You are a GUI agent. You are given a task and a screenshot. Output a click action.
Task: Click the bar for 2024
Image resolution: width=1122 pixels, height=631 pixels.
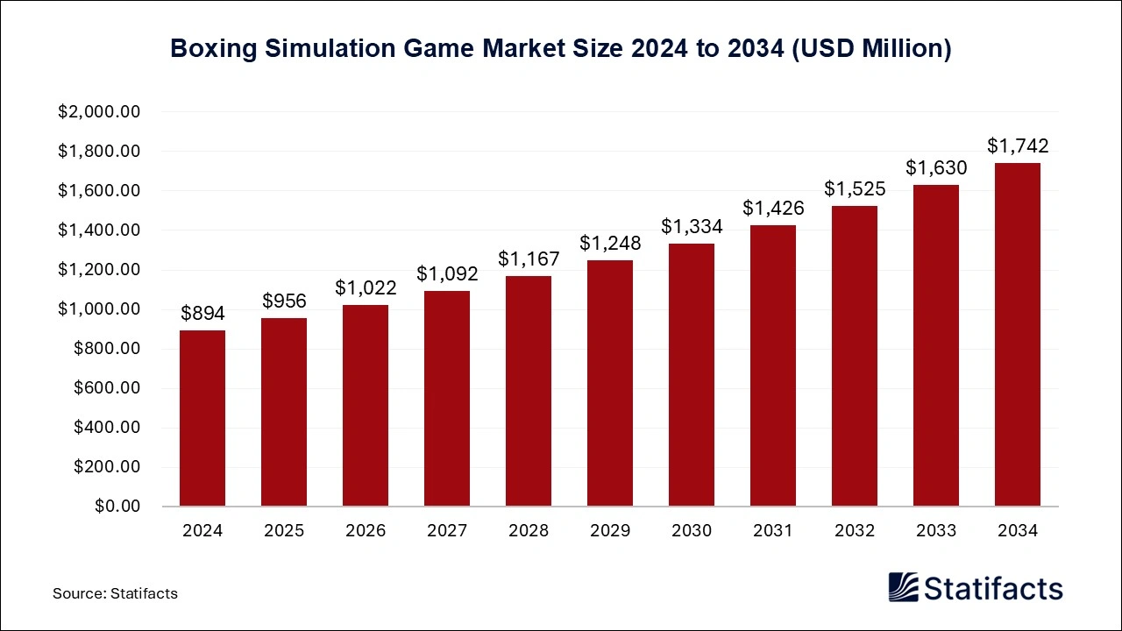click(x=202, y=418)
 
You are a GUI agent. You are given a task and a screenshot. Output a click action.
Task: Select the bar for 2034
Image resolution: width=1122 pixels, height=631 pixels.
click(x=1018, y=335)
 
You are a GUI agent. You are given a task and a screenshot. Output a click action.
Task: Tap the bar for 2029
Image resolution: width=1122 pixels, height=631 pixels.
click(x=610, y=383)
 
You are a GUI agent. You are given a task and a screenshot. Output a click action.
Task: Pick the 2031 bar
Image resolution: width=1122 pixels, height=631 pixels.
click(x=773, y=365)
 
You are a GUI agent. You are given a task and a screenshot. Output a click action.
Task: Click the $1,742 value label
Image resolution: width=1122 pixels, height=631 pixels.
click(x=1018, y=146)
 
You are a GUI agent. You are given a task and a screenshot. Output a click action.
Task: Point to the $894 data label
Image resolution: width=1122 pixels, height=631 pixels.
click(x=202, y=314)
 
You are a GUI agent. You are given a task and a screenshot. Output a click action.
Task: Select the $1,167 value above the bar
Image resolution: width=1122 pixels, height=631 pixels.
click(x=529, y=259)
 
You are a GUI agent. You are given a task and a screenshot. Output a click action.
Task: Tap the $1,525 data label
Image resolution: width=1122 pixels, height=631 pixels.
click(x=855, y=189)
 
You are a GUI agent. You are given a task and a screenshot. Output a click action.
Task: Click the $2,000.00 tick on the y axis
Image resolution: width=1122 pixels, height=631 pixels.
click(x=99, y=112)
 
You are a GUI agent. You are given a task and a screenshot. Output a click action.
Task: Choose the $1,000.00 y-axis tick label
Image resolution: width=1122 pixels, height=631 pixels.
click(x=99, y=309)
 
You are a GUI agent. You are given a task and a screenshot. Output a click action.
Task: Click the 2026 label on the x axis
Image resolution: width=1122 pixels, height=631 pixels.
click(x=366, y=531)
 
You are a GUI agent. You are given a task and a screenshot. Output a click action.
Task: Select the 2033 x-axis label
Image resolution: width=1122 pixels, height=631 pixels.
click(x=936, y=531)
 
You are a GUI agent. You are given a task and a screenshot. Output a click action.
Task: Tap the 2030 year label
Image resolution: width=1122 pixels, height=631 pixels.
click(x=692, y=531)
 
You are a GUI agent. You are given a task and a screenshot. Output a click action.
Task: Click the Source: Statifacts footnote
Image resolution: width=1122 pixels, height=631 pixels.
click(x=115, y=593)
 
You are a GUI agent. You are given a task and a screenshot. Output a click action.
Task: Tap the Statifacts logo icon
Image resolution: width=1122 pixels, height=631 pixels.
click(x=903, y=586)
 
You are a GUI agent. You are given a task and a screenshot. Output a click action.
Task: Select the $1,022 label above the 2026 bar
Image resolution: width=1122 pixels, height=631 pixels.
click(x=366, y=288)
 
